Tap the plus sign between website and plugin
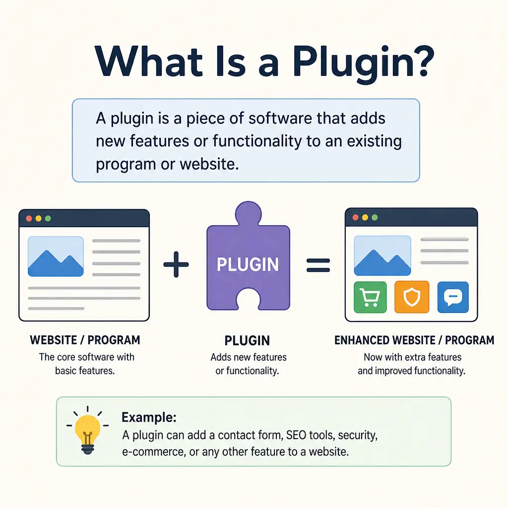(176, 264)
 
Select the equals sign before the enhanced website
(318, 265)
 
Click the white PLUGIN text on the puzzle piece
(248, 264)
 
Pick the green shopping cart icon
(370, 297)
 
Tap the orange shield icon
(412, 297)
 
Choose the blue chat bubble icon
(453, 297)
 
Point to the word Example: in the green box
(149, 417)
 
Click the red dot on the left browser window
(29, 218)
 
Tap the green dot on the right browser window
(375, 217)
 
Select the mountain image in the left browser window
(56, 256)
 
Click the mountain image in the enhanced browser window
(382, 255)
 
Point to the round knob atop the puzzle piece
(248, 213)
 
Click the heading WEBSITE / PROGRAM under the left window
(85, 340)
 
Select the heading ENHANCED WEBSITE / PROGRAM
(414, 340)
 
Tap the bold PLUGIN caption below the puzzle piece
(247, 341)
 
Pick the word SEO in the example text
(296, 435)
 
